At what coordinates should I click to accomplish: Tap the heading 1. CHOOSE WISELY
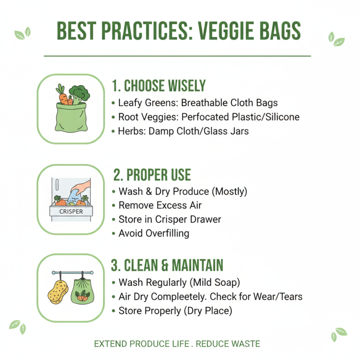158,85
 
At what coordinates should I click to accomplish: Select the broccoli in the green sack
80,94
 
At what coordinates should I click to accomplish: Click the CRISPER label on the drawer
71,211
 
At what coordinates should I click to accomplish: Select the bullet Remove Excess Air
160,206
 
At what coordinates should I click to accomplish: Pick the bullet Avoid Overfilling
153,233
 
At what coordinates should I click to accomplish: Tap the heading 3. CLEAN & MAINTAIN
167,265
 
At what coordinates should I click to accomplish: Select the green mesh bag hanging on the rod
83,290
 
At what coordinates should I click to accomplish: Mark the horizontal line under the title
177,56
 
